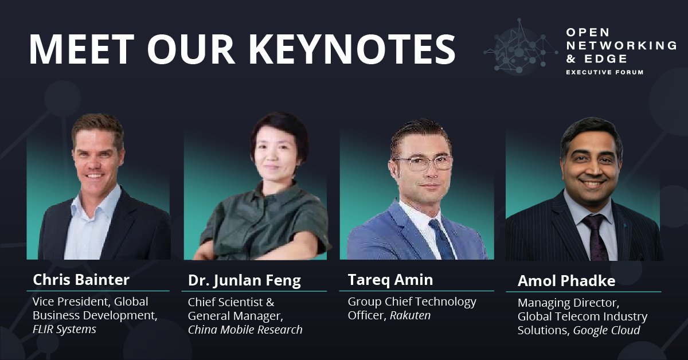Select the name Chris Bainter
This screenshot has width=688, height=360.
[x=81, y=280]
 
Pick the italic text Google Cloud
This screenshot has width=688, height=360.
[x=607, y=330]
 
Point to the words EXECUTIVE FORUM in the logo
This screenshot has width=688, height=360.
[x=604, y=72]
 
